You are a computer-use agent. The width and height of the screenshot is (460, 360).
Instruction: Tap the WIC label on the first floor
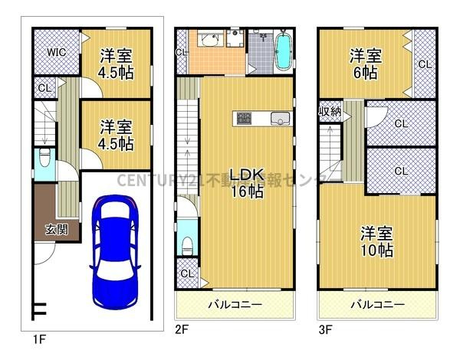[x=55, y=52]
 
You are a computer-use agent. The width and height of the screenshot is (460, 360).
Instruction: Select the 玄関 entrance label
[x=55, y=228]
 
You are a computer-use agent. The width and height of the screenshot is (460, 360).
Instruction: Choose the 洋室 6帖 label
[x=364, y=64]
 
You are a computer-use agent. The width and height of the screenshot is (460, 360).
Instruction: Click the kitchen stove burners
[x=245, y=118]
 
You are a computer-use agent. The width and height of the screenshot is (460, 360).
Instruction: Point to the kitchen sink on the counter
[x=278, y=119]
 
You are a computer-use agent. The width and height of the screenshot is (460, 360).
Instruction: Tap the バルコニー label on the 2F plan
[x=235, y=305]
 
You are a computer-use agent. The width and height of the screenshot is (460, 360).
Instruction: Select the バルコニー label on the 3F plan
[x=377, y=305]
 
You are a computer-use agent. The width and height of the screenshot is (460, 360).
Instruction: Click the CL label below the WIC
[x=44, y=88]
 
